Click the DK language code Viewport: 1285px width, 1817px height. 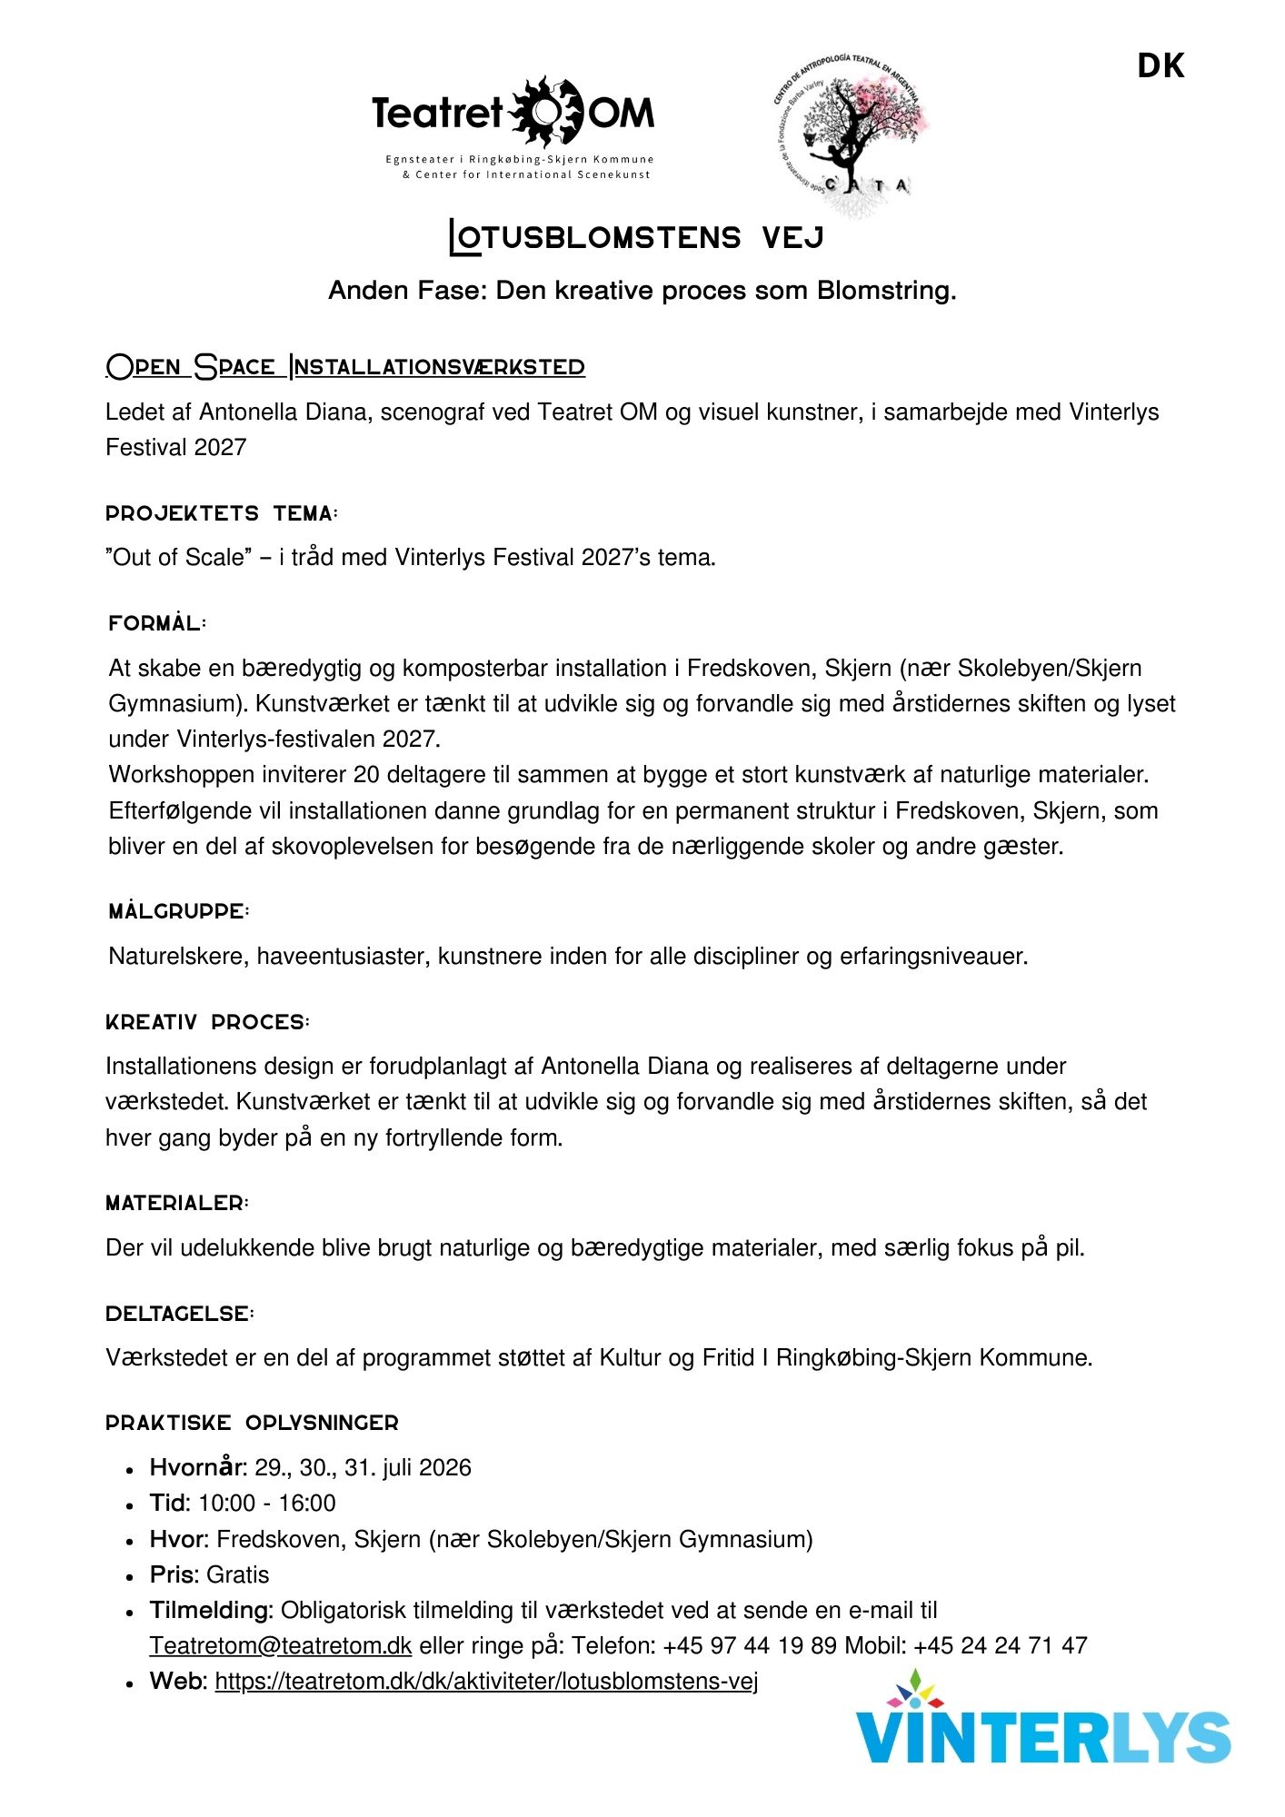pos(1160,66)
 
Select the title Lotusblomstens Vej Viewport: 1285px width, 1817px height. pos(637,238)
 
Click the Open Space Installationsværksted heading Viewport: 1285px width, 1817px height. pos(345,367)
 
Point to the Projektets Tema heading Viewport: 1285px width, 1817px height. pos(222,513)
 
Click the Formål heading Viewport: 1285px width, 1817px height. pos(157,623)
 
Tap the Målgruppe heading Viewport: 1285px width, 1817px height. pos(179,911)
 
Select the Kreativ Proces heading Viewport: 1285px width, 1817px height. pos(207,1022)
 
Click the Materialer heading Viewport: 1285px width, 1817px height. pos(177,1203)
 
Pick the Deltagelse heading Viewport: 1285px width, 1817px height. pos(180,1314)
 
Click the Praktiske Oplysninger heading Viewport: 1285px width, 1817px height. pos(252,1423)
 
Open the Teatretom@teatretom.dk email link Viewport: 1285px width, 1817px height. pos(281,1645)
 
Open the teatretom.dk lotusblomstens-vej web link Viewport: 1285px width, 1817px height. pos(486,1681)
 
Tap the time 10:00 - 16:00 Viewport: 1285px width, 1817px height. pos(267,1503)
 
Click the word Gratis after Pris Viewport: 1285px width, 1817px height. pos(238,1574)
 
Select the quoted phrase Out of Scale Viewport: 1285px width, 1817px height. pos(178,557)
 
